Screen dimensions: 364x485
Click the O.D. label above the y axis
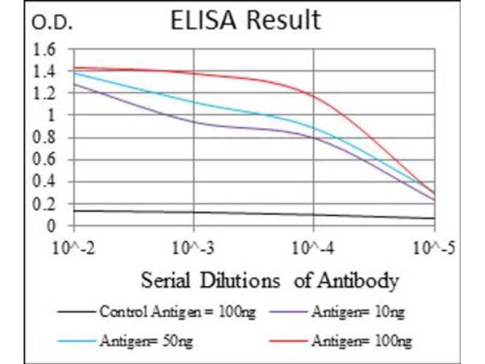tap(52, 24)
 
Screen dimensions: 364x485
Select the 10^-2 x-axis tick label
tap(73, 248)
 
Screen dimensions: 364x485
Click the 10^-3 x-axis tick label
tap(194, 248)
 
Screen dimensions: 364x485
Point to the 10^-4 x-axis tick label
tap(314, 248)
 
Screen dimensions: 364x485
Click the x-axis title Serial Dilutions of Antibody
tap(270, 281)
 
